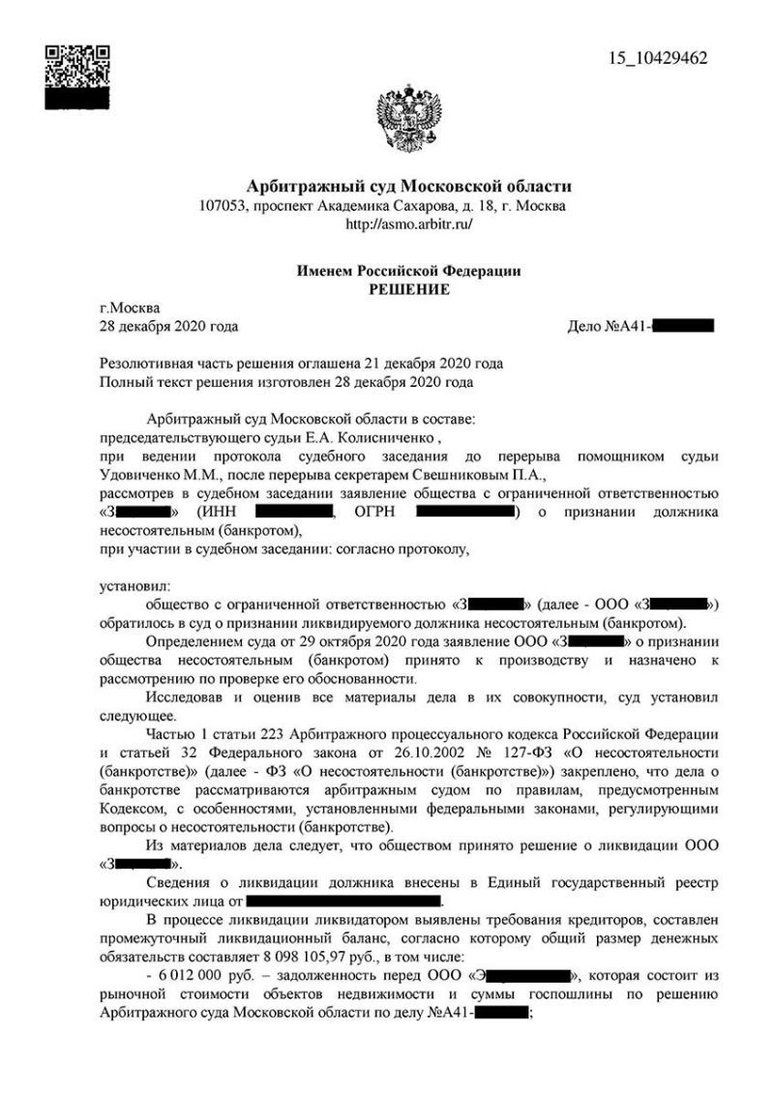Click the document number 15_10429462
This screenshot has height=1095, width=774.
[x=657, y=58]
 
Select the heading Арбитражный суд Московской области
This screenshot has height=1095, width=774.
[x=408, y=187]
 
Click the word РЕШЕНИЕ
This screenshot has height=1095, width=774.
[x=408, y=289]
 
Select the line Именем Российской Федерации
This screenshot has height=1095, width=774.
[x=408, y=272]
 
